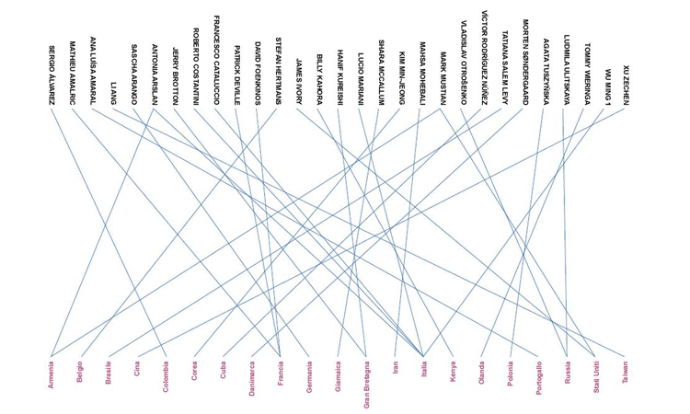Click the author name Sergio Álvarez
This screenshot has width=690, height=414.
tap(52, 75)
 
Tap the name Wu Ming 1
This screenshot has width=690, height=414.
tap(607, 87)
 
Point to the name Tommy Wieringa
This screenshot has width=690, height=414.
tap(587, 77)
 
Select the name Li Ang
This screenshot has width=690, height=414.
tap(114, 92)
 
